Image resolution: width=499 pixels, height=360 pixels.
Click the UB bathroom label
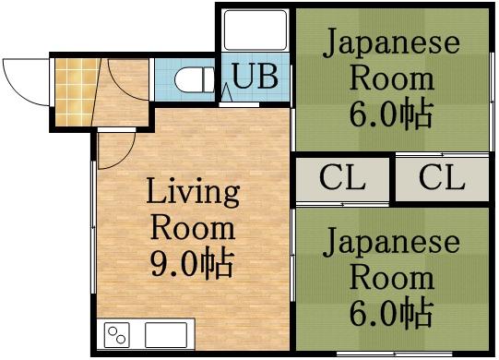255,78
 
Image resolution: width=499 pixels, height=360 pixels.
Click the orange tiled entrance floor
72,93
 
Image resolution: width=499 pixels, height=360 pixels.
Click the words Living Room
193,210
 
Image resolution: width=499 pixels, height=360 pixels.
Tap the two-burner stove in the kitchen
118,333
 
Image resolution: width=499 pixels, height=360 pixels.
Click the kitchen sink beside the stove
167,333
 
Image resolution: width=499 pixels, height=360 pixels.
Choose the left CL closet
342,178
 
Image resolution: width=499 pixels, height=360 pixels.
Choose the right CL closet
442,178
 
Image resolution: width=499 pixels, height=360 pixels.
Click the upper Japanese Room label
390,59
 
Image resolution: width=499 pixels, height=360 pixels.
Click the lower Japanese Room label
390,259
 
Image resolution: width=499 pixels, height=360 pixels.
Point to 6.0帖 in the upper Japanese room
390,114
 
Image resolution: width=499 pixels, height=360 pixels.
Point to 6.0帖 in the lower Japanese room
390,313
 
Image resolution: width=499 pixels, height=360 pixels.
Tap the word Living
193,193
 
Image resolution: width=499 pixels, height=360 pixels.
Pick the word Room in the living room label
193,227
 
